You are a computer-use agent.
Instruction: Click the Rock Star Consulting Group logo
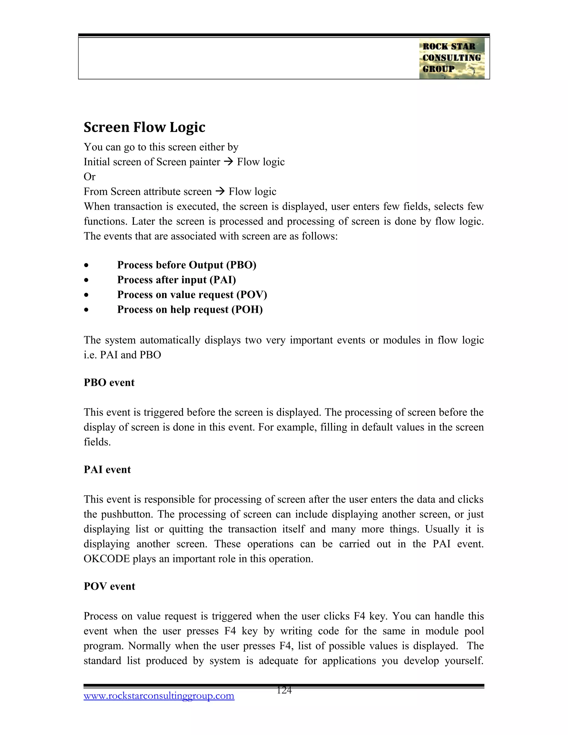[452, 58]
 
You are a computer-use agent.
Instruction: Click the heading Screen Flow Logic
[144, 127]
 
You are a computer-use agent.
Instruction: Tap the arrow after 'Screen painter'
[229, 162]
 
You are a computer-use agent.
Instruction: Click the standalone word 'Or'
[90, 177]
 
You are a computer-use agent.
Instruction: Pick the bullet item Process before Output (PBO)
[186, 265]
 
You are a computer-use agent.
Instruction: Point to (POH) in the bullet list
[247, 309]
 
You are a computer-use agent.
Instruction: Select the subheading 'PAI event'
[107, 470]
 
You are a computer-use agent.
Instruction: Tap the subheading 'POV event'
[109, 586]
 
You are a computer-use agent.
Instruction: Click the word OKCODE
[106, 559]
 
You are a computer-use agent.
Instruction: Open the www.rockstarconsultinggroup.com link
[159, 696]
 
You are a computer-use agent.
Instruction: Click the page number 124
[284, 691]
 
